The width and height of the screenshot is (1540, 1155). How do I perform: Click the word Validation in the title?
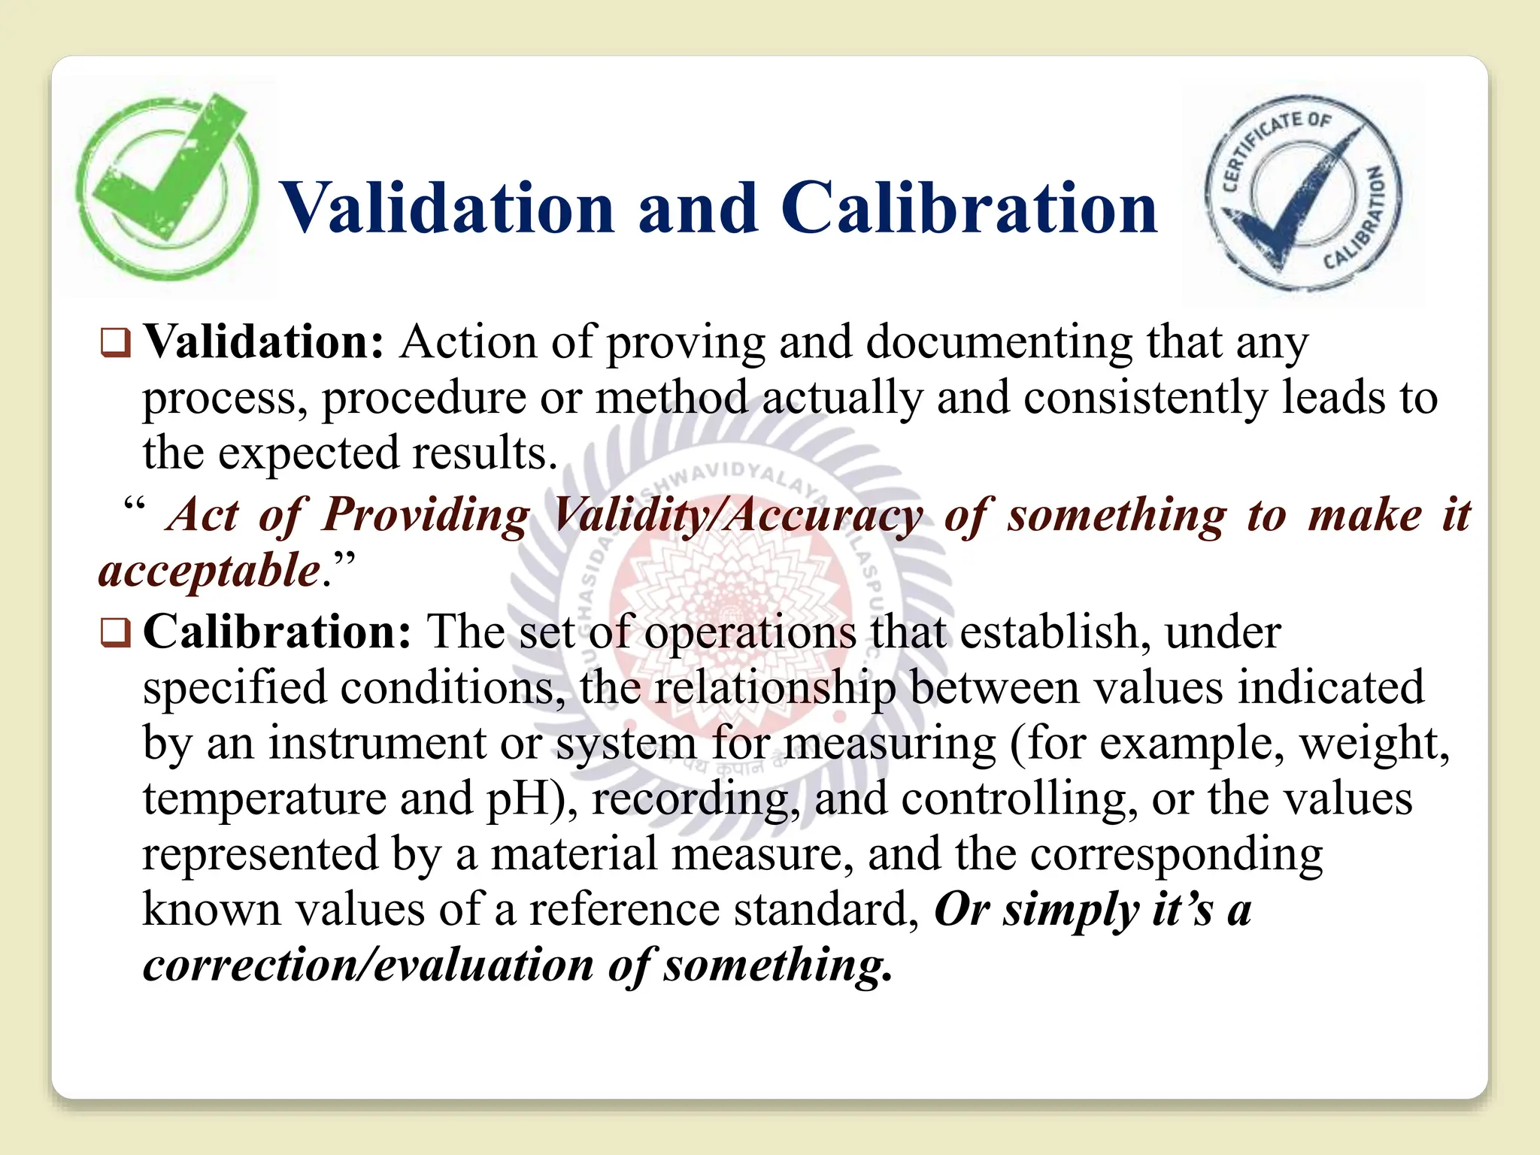(447, 208)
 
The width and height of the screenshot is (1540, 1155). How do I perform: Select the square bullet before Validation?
(115, 344)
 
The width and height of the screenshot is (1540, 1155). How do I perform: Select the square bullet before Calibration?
(115, 633)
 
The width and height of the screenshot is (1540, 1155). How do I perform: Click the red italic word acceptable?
(210, 571)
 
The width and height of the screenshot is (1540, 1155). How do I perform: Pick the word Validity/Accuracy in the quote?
(737, 517)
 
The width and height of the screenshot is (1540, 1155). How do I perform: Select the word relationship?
(775, 688)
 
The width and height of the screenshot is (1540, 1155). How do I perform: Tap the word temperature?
(263, 799)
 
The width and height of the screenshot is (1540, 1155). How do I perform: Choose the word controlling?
(1019, 799)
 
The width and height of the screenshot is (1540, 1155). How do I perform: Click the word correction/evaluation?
(368, 965)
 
